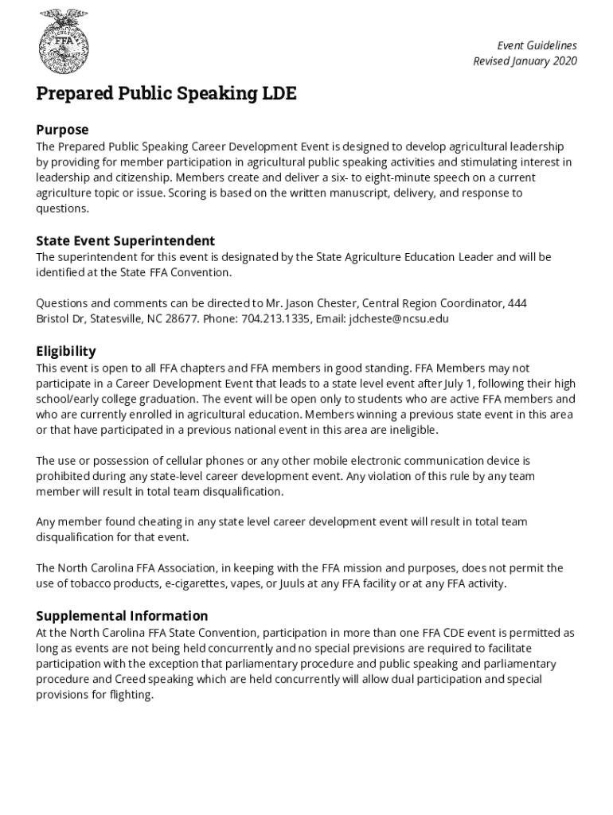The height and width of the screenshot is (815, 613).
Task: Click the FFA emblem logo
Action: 64,41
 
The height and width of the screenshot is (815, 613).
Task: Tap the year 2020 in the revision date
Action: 562,61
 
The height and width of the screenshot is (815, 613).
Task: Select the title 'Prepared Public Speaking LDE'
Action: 166,94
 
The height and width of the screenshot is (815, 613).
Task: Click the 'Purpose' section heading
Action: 62,130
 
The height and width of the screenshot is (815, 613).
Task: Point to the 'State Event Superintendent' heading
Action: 126,240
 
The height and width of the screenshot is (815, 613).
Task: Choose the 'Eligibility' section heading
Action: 66,351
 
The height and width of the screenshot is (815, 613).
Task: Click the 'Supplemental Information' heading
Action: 122,615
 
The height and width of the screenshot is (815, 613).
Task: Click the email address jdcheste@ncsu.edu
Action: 399,319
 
